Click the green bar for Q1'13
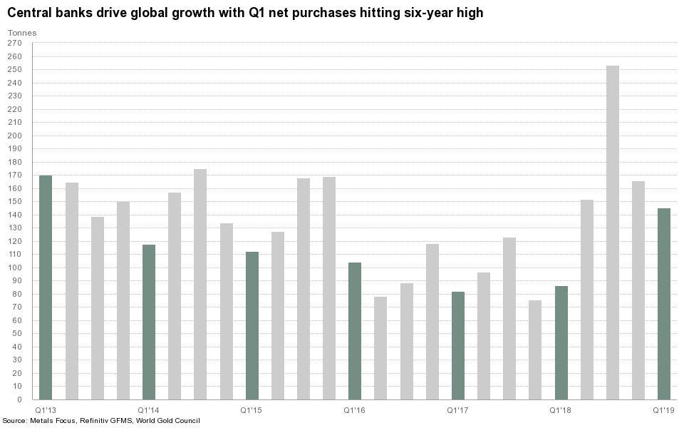(46, 287)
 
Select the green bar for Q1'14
(149, 322)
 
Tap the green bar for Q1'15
(252, 325)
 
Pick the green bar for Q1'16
(355, 331)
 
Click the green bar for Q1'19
(664, 304)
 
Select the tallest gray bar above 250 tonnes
(613, 233)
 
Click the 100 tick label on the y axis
(16, 267)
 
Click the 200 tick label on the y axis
(16, 136)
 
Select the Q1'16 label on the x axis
(355, 410)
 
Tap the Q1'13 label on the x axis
(46, 410)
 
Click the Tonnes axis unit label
(21, 33)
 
